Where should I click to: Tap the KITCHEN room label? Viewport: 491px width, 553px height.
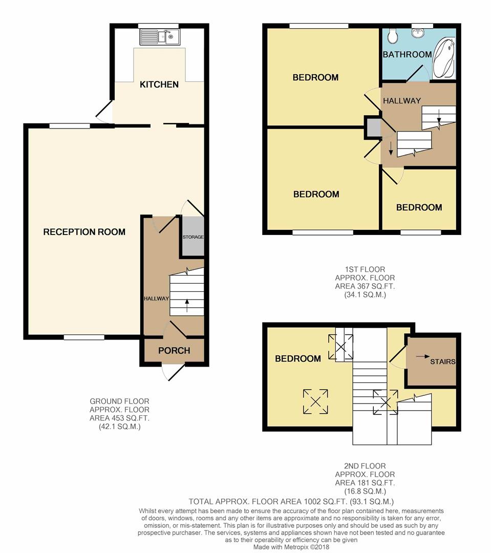coord(159,84)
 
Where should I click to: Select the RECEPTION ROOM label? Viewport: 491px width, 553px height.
coord(84,232)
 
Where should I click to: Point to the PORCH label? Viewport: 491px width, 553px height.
coord(174,351)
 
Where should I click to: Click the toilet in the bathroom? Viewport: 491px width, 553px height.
coord(392,35)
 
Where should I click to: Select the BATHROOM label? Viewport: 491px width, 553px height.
coord(408,54)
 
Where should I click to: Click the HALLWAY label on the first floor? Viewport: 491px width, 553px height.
coord(402,101)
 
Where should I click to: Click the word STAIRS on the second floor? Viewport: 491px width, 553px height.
coord(442,361)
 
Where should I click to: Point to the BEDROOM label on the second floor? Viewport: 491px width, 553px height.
coord(298,359)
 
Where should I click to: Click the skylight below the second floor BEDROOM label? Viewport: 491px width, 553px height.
coord(316,401)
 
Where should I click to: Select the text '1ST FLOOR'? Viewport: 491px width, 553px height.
coord(365,269)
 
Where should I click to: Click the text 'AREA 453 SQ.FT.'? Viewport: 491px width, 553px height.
coord(119,418)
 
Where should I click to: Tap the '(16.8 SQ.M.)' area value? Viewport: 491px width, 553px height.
coord(365,491)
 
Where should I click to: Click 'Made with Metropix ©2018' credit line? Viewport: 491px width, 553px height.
coord(291,547)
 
